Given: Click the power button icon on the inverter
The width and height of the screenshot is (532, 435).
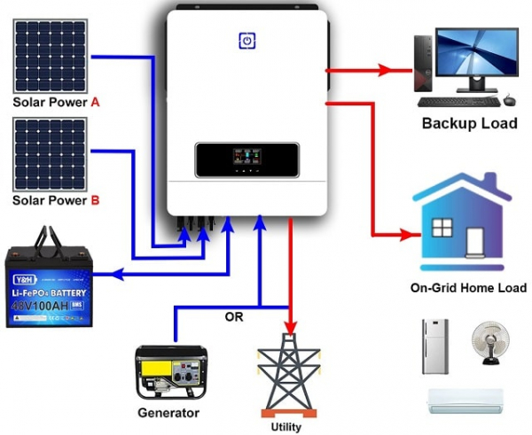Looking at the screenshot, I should [246, 40].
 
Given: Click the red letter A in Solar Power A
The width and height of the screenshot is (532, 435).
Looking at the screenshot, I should [95, 103].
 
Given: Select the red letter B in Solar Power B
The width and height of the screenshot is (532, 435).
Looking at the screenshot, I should [95, 200].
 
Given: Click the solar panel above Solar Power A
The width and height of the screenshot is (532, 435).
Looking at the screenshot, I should [49, 52].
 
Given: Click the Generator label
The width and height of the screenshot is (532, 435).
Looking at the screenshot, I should [168, 413].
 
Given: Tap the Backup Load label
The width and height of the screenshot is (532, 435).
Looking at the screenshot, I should [469, 123].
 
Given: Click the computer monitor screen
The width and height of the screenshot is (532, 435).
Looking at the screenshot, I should [475, 56].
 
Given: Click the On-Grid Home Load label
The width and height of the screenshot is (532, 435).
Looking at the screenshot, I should [468, 288].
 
